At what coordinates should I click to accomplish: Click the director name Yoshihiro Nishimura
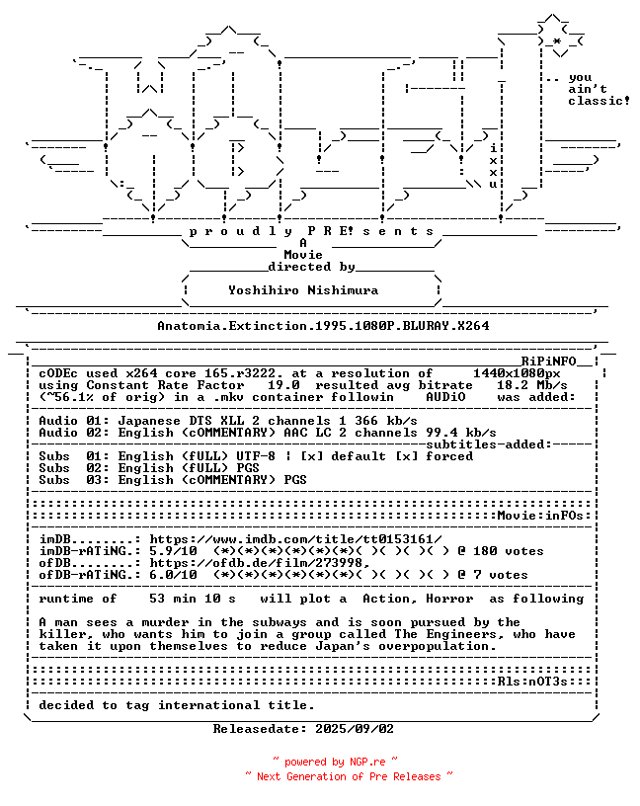tap(303, 290)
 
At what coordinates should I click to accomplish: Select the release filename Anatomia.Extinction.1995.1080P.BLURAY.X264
tap(323, 325)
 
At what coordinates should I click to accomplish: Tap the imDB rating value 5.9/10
tap(173, 551)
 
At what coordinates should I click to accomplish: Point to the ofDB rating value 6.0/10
tap(173, 575)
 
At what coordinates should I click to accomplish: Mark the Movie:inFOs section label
tap(543, 516)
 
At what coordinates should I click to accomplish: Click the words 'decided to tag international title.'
tap(177, 705)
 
